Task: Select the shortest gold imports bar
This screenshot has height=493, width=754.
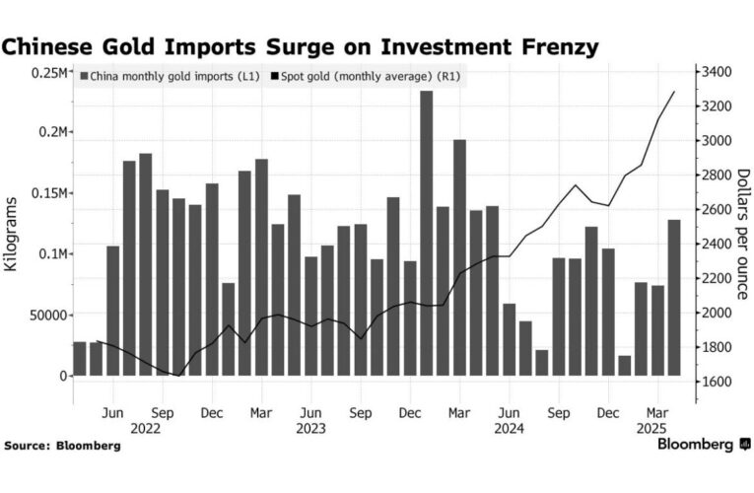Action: pyautogui.click(x=624, y=366)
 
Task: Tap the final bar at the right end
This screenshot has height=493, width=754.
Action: pyautogui.click(x=674, y=297)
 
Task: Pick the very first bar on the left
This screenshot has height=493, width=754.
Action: pyautogui.click(x=80, y=358)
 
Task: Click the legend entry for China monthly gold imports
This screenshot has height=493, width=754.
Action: pyautogui.click(x=169, y=75)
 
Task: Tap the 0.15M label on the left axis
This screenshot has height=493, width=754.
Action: pyautogui.click(x=47, y=194)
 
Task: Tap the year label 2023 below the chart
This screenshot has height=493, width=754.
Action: pyautogui.click(x=310, y=429)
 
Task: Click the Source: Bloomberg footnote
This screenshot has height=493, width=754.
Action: pyautogui.click(x=63, y=446)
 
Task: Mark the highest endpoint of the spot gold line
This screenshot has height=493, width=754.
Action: pyautogui.click(x=674, y=92)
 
